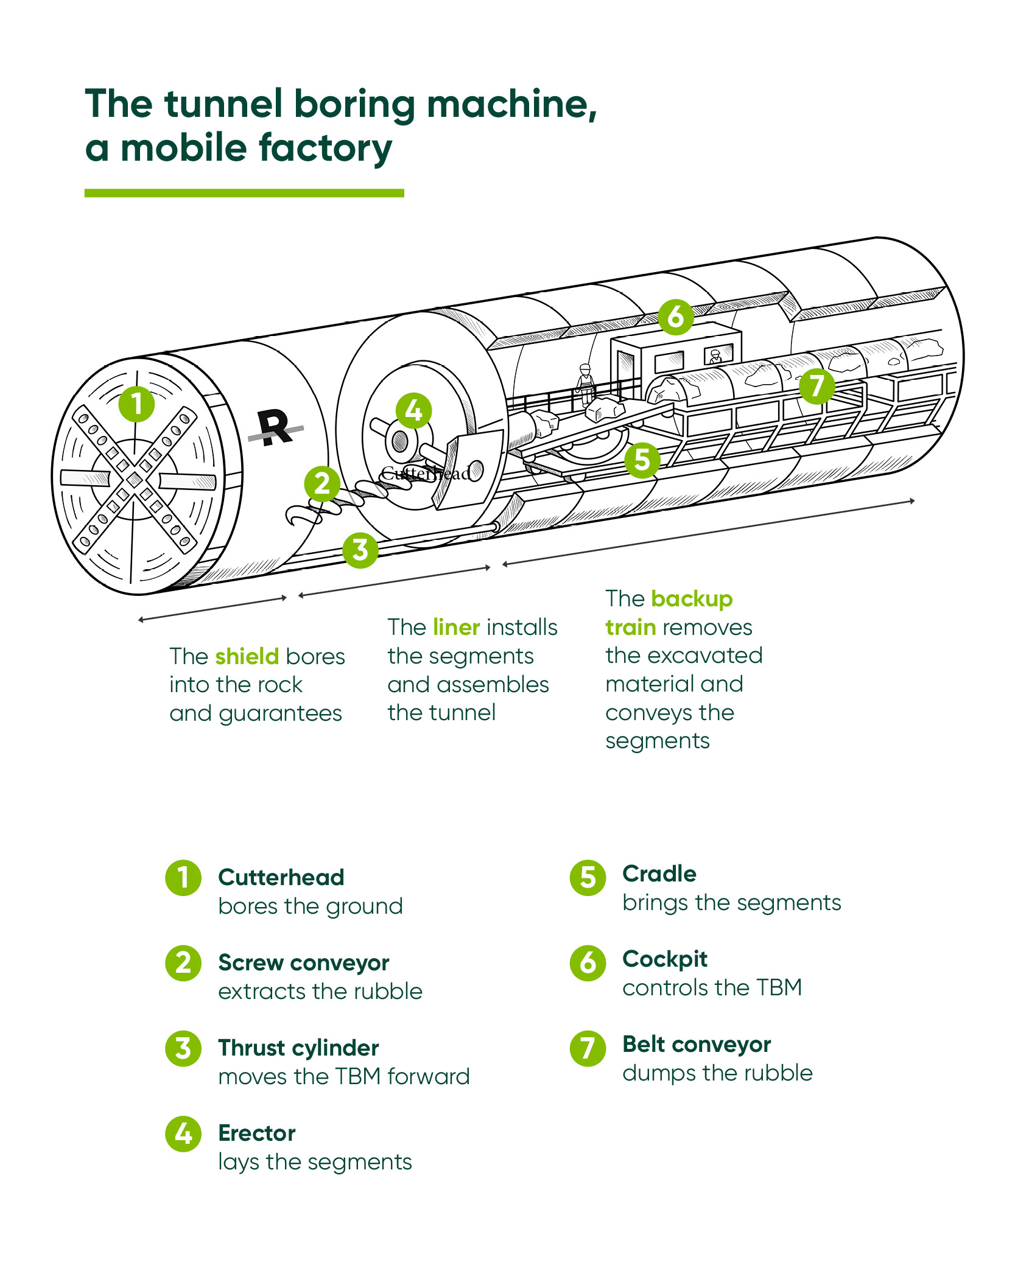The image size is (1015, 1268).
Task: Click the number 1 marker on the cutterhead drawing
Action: point(136,404)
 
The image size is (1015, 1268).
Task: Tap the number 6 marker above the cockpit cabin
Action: point(675,317)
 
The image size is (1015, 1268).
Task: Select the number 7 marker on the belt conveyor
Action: point(817,386)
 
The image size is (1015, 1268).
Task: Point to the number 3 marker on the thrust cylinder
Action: point(360,550)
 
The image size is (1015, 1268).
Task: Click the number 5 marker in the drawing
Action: point(642,460)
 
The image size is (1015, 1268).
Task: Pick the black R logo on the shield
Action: point(275,427)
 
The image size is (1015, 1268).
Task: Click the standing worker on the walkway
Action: point(585,384)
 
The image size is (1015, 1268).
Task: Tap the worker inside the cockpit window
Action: point(715,357)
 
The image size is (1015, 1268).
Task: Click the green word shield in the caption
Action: point(247,656)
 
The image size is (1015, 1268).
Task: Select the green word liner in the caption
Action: point(456,627)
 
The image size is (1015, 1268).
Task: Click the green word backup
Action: point(691,598)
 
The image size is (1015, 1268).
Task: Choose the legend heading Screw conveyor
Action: point(303,962)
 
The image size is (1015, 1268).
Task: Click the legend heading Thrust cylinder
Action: point(298,1048)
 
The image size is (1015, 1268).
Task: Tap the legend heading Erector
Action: point(256,1133)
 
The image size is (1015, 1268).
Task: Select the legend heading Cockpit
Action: point(664,959)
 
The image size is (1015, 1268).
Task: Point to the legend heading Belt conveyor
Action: point(697,1044)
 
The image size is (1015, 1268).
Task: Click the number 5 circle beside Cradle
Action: point(588,878)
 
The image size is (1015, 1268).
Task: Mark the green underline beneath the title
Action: point(244,193)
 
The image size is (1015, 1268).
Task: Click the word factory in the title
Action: point(325,148)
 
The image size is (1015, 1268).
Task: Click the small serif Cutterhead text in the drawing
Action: point(426,473)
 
